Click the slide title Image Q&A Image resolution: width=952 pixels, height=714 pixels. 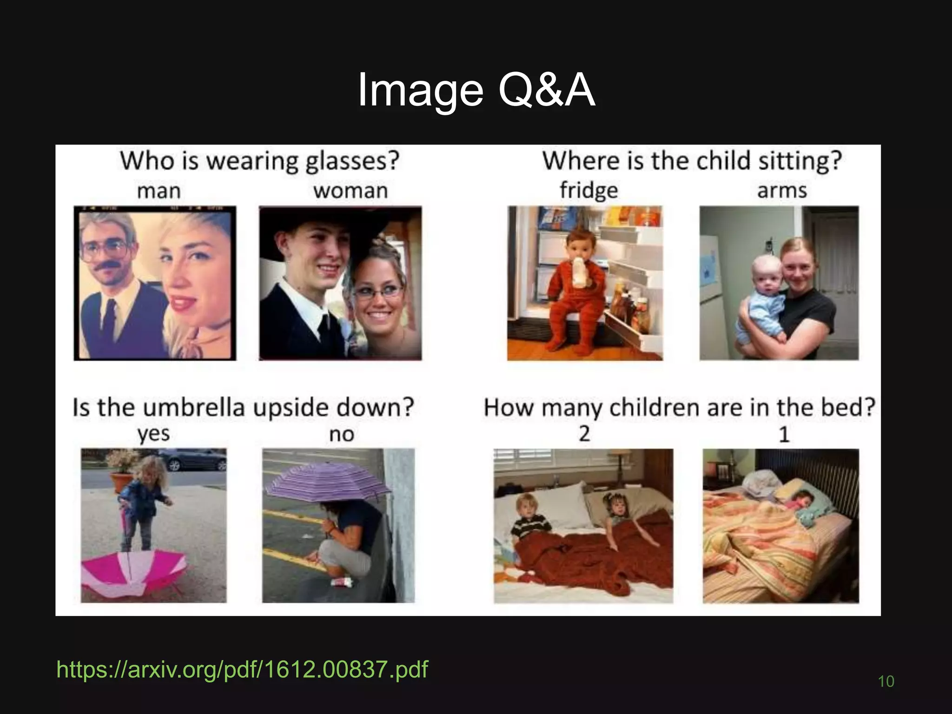[476, 91]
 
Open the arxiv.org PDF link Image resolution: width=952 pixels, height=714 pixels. [242, 669]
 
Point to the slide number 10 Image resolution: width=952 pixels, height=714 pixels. [886, 681]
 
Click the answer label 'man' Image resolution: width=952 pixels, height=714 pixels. [159, 191]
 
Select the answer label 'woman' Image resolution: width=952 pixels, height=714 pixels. [350, 191]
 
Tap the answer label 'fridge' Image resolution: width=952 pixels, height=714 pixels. [588, 191]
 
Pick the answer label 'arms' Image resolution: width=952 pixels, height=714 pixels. [782, 191]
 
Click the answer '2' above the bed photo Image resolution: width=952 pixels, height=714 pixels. [584, 434]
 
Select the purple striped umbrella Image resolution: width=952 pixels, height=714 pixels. [328, 483]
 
